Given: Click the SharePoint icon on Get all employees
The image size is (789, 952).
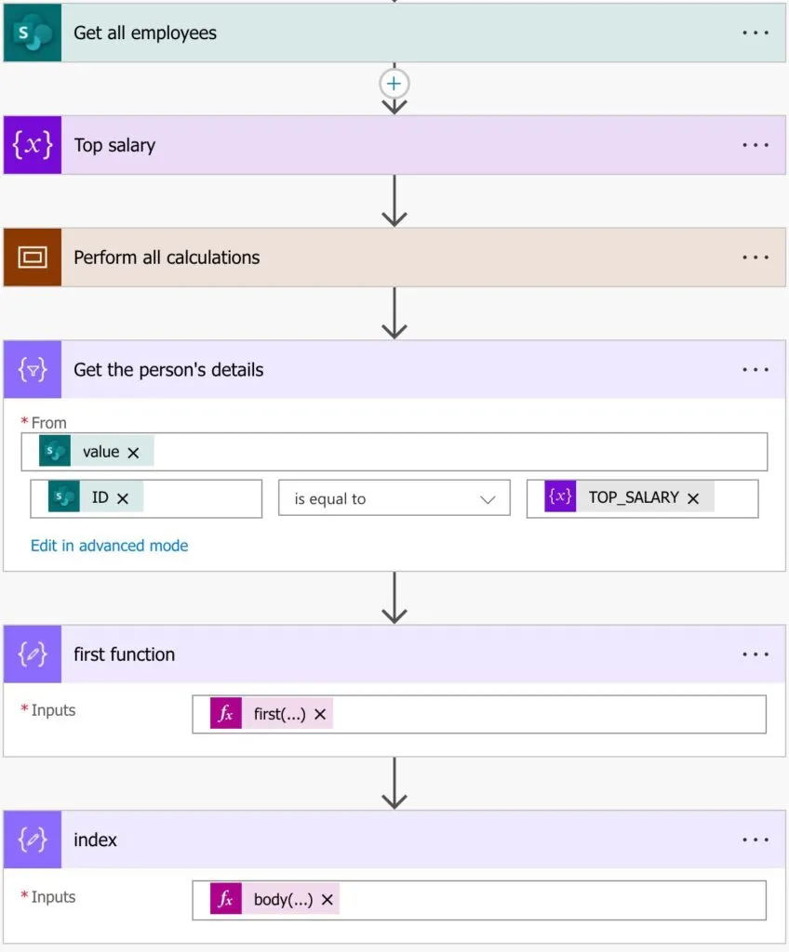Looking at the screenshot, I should click(x=33, y=33).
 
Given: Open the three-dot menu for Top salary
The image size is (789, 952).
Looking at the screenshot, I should click(x=756, y=145).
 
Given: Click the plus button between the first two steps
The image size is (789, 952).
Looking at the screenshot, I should click(x=394, y=84).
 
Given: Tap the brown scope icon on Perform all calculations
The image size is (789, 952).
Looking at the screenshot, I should click(x=33, y=258).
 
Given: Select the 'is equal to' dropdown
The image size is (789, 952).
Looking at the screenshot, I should click(x=394, y=498).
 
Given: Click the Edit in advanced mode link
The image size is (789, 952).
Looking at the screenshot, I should click(x=109, y=546).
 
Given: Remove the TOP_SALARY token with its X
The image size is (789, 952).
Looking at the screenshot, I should click(x=693, y=498).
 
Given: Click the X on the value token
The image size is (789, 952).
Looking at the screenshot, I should click(x=133, y=453).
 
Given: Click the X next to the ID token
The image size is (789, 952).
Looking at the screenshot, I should click(x=123, y=498).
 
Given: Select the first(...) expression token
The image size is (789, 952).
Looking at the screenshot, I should click(x=279, y=714).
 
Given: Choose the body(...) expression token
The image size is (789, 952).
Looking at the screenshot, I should click(x=283, y=900).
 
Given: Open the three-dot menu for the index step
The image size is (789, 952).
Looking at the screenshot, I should click(x=756, y=840).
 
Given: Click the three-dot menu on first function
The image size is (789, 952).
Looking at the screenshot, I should click(x=756, y=654).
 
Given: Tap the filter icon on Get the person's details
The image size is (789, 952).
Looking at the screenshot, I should click(x=33, y=370).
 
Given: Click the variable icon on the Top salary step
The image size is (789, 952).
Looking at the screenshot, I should click(x=33, y=145).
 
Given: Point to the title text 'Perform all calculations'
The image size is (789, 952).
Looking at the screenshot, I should click(x=167, y=258).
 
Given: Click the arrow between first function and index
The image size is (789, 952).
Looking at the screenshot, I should click(x=394, y=783).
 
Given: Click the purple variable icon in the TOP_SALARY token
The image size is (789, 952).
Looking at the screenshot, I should click(x=560, y=497).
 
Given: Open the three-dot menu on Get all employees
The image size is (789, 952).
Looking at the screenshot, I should click(x=756, y=33).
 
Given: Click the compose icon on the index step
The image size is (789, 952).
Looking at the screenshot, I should click(x=33, y=840).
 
